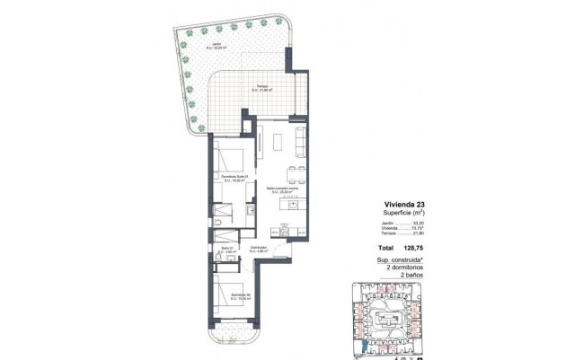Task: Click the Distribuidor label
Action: point(260,249)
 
